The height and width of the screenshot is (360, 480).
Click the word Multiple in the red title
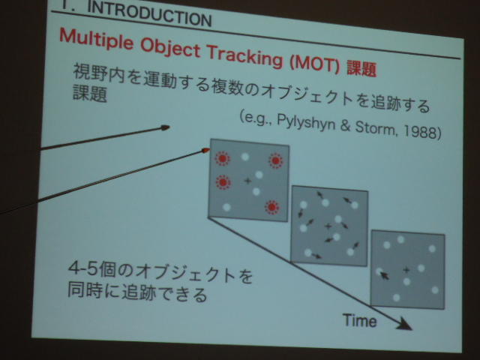pyautogui.click(x=97, y=39)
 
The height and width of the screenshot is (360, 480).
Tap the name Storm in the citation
pyautogui.click(x=375, y=127)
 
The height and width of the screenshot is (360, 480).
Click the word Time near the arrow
pyautogui.click(x=360, y=320)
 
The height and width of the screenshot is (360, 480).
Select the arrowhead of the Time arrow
pyautogui.click(x=405, y=325)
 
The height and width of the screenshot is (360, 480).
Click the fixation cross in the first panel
pyautogui.click(x=247, y=181)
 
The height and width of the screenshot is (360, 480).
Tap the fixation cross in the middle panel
pyautogui.click(x=328, y=226)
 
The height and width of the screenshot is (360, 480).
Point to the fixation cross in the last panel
pyautogui.click(x=406, y=270)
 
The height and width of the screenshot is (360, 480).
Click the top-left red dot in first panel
pyautogui.click(x=222, y=158)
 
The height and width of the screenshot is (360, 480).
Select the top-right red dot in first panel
pyautogui.click(x=276, y=160)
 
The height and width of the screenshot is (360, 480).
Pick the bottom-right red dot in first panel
pyautogui.click(x=271, y=208)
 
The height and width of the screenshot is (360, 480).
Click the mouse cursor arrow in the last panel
pyautogui.click(x=385, y=275)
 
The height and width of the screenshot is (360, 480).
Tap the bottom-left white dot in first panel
pyautogui.click(x=226, y=207)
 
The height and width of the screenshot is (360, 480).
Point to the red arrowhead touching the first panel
pyautogui.click(x=205, y=150)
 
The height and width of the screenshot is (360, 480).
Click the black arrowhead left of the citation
pyautogui.click(x=165, y=127)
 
